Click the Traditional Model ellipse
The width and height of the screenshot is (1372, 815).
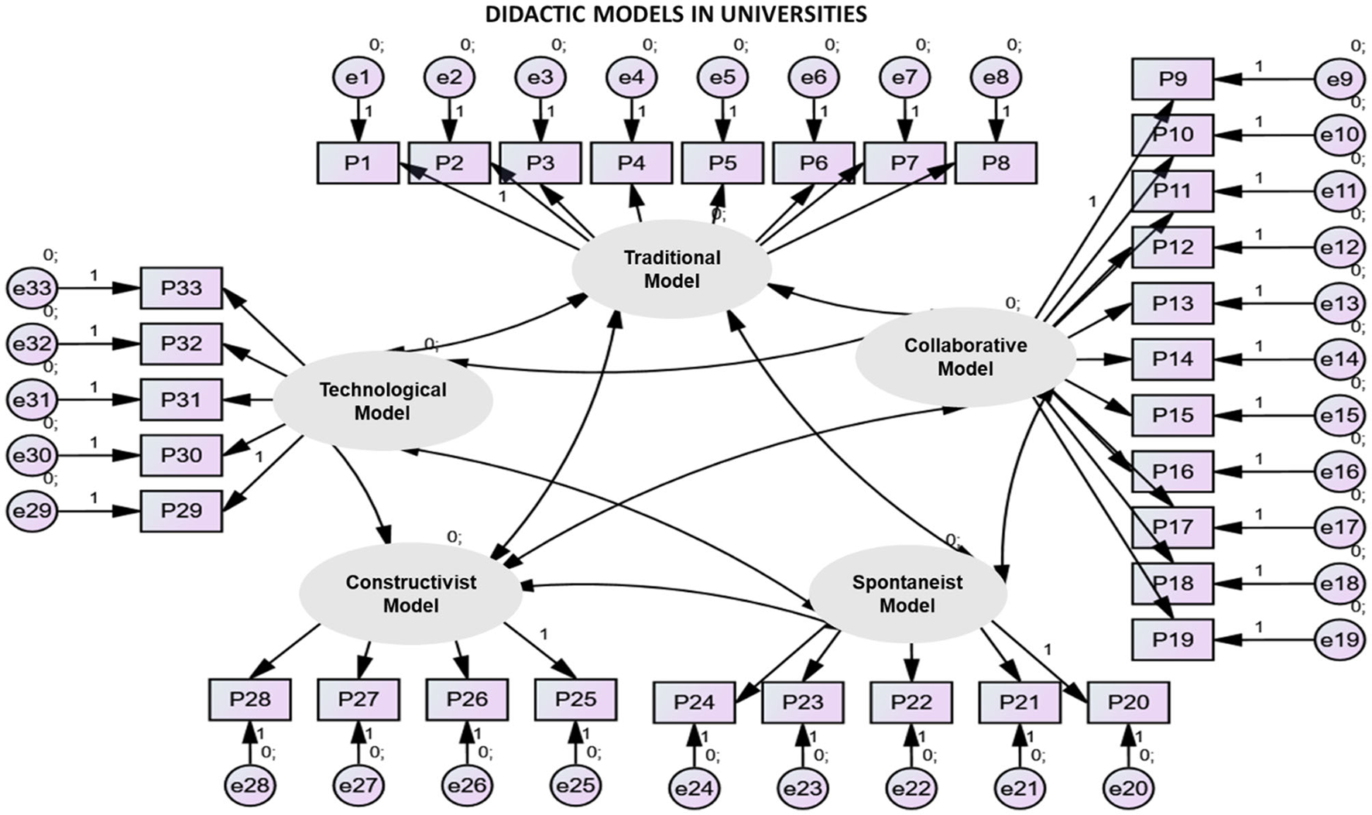click(x=671, y=269)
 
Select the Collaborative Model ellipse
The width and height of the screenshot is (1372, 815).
click(x=965, y=357)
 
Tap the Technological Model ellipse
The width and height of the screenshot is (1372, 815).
click(x=382, y=401)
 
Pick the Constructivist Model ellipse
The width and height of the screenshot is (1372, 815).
click(x=410, y=594)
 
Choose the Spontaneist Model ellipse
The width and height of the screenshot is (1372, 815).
click(x=907, y=594)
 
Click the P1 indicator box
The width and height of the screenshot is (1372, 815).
click(x=358, y=163)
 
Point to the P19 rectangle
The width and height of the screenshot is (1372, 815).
click(x=1172, y=639)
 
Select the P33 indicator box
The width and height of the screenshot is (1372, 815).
click(x=181, y=288)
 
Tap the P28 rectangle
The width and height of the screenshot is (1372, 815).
click(x=250, y=700)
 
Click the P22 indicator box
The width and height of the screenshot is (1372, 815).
click(x=911, y=702)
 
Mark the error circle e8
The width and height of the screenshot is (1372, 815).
click(x=995, y=77)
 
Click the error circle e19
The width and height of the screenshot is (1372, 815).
click(x=1339, y=640)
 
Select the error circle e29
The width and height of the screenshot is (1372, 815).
click(x=32, y=511)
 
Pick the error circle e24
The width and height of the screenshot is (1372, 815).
click(x=694, y=789)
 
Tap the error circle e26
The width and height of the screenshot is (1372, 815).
click(x=467, y=786)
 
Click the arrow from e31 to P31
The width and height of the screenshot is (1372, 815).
click(x=97, y=400)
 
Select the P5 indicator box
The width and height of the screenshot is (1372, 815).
click(x=722, y=163)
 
